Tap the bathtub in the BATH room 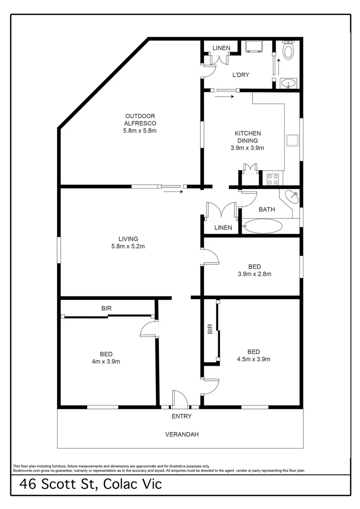tap(262, 226)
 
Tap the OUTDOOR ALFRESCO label tap(140, 123)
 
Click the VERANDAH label tap(181, 434)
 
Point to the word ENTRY tap(181, 416)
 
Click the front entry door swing tap(180, 398)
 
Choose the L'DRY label tap(241, 75)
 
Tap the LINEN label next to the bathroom tap(223, 228)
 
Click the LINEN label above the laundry tap(221, 48)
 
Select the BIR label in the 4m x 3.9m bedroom tap(106, 308)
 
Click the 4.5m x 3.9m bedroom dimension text tap(254, 359)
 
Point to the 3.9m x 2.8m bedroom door tap(211, 257)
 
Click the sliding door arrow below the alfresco tap(173, 192)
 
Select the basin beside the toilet tap(288, 83)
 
